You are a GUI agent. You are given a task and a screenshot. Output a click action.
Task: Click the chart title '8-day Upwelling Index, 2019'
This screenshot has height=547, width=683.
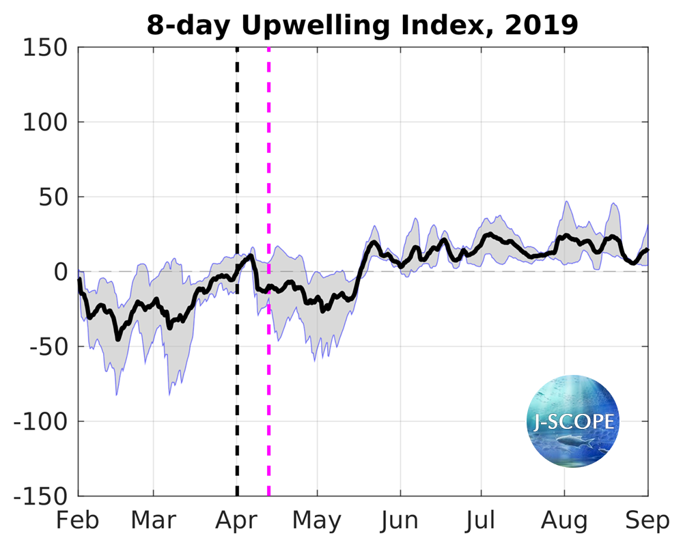coord(362,25)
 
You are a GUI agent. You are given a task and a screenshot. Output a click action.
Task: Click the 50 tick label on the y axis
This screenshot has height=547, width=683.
coord(52,197)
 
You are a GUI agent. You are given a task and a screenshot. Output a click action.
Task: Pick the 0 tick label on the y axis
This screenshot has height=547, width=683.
coord(59,272)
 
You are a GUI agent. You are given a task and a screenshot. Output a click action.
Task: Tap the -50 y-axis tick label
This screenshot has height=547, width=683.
coord(45,347)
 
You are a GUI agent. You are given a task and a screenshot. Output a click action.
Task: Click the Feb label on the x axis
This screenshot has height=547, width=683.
coord(78,520)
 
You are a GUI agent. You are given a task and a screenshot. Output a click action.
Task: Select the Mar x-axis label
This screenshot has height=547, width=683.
coord(153,520)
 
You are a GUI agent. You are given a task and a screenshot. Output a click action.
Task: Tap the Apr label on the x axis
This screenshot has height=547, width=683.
coord(236,520)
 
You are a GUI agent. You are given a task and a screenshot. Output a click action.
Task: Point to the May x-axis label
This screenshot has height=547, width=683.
coord(317,520)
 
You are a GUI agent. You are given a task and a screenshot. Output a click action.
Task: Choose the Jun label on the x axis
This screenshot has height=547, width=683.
coord(400,520)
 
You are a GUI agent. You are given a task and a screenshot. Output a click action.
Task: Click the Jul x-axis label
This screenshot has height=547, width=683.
coord(482,520)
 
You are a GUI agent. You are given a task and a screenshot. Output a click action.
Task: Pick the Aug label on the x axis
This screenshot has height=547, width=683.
coord(564,520)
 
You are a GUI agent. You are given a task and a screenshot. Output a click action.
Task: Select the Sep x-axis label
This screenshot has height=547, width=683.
coord(647,520)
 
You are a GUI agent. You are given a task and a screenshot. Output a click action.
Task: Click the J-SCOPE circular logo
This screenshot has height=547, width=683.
coord(573,421)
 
